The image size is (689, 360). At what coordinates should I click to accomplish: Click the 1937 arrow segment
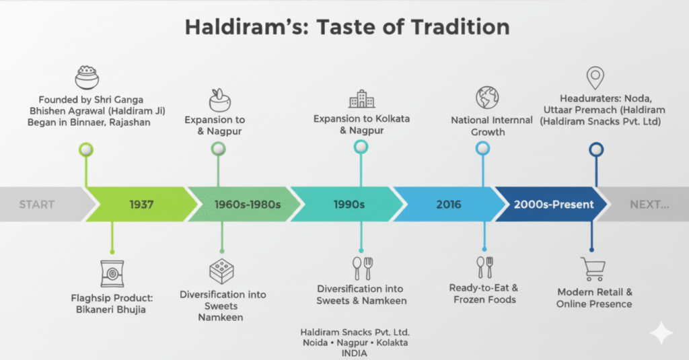coord(141,204)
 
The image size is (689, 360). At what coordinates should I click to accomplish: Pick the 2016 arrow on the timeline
coord(449,204)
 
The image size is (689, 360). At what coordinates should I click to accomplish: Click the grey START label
coord(37,205)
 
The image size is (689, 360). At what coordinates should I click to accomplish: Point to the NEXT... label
coord(649,205)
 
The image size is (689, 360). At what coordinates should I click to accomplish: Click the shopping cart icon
coord(593,269)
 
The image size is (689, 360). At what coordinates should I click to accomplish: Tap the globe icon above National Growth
coord(487,98)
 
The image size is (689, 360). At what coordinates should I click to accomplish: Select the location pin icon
coord(595,77)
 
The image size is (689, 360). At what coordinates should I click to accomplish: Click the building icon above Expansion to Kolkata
coord(361,99)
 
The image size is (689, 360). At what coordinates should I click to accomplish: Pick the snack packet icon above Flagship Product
coord(112,273)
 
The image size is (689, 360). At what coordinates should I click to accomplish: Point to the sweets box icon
coord(221,271)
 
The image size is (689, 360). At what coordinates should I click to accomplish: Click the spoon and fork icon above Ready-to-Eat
coord(485,267)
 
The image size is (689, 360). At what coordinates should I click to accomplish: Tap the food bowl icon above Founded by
coord(87,77)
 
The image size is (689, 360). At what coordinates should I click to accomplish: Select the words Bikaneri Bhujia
coord(111,310)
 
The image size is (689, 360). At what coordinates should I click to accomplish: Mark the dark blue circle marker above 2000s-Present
coord(596,150)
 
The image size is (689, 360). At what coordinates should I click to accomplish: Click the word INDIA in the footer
coord(354,353)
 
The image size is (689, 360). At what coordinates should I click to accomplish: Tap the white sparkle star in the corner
coord(661,332)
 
